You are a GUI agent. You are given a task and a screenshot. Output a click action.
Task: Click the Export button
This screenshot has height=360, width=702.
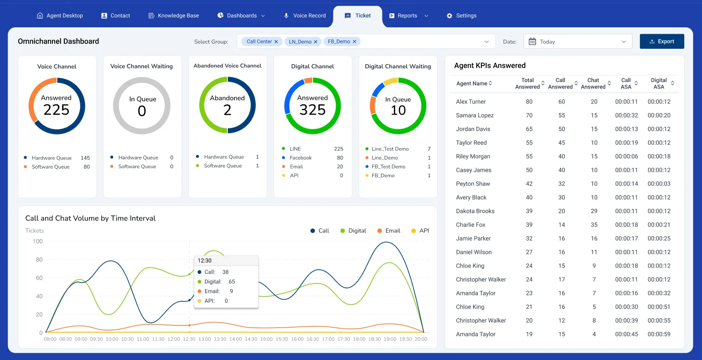click(661, 41)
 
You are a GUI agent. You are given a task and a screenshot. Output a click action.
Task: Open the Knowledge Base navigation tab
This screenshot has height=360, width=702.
click(174, 15)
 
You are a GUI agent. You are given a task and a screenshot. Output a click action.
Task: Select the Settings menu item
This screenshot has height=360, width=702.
click(461, 15)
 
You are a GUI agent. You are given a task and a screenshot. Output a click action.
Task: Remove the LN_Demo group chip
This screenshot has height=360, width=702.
click(315, 41)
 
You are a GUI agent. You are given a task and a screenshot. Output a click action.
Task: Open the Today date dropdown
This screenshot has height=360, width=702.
click(578, 41)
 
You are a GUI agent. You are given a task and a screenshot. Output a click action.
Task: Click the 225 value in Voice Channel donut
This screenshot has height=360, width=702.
click(57, 110)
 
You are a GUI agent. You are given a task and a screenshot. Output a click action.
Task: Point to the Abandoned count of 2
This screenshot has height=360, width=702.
click(227, 110)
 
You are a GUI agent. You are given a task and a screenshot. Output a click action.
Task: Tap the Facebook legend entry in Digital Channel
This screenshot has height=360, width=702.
click(300, 158)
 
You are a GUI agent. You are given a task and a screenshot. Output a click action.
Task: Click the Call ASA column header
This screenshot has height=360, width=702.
click(626, 83)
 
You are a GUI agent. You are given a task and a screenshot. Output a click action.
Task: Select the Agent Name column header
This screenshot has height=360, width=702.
click(472, 83)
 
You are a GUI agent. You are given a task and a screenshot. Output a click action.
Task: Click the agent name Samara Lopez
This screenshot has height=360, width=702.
click(475, 115)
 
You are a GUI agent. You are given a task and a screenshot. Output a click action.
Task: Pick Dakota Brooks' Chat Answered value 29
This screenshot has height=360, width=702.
click(594, 211)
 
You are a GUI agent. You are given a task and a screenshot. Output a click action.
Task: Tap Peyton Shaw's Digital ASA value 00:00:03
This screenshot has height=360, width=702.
click(659, 184)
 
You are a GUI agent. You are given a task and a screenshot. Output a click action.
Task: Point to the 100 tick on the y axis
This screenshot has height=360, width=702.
click(38, 242)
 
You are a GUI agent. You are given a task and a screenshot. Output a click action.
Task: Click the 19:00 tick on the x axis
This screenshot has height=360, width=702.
click(390, 339)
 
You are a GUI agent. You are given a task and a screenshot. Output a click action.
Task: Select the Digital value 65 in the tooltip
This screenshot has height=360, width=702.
click(232, 282)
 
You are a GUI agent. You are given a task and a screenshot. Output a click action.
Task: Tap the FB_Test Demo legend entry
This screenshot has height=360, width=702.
click(388, 167)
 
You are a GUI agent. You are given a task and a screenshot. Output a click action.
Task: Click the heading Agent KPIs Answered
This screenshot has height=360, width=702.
click(490, 66)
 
